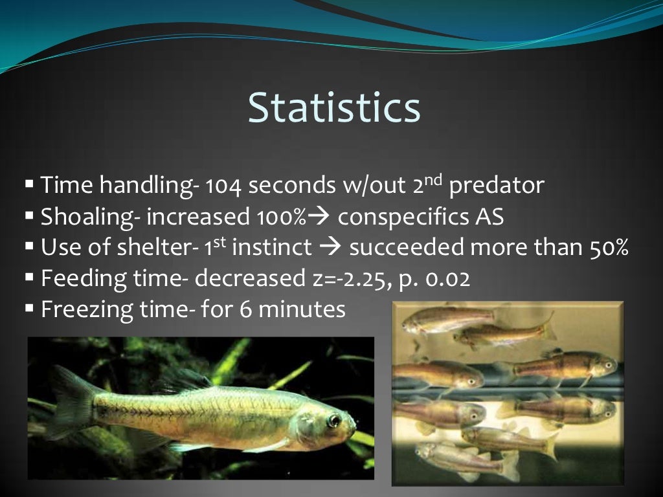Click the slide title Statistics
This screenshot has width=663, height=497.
click(334, 107)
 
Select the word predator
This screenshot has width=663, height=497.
click(497, 186)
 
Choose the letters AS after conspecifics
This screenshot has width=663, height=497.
click(486, 217)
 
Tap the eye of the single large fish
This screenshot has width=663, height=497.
click(333, 420)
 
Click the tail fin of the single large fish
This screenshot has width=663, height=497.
click(68, 401)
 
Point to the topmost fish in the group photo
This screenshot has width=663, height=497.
click(453, 317)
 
